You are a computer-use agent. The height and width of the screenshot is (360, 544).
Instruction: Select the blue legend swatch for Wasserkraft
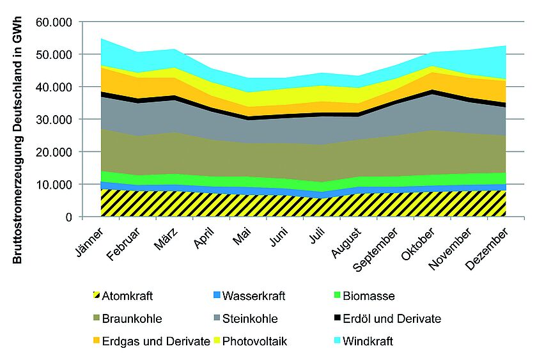point(217,296)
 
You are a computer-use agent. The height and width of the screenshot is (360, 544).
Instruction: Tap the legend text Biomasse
point(368,296)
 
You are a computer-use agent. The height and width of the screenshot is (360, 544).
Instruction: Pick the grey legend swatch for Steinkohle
point(217,318)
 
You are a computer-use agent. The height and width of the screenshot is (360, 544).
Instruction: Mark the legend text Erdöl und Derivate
point(392,318)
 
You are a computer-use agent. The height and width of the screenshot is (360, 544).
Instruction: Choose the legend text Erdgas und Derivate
point(156,341)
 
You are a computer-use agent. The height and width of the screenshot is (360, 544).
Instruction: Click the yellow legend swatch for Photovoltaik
point(217,341)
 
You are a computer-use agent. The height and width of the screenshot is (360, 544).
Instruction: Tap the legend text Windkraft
point(368,341)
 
